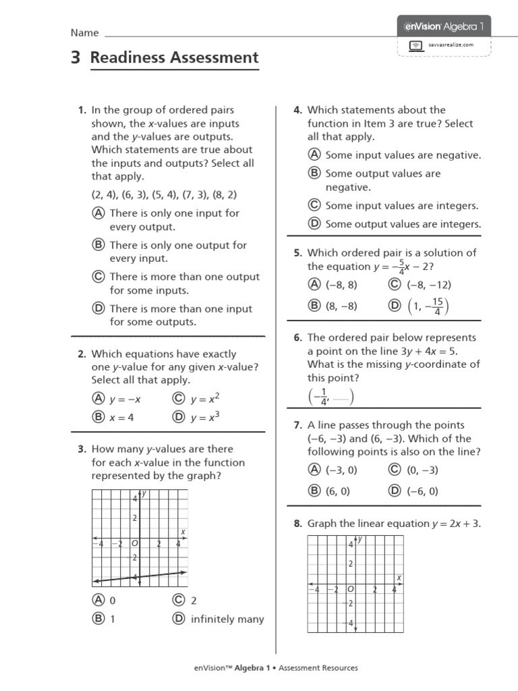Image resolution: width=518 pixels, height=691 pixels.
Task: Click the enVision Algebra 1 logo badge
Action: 444,26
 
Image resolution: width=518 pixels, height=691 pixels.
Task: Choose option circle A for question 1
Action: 98,213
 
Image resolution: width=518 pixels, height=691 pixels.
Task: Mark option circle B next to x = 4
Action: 98,417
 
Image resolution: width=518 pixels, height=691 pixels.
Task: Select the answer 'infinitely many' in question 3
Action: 227,619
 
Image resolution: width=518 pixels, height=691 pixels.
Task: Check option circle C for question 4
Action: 314,205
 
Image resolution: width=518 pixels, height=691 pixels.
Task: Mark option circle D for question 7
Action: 395,491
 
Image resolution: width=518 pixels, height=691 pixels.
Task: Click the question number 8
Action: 297,523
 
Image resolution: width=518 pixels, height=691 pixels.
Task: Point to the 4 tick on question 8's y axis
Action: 351,545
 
